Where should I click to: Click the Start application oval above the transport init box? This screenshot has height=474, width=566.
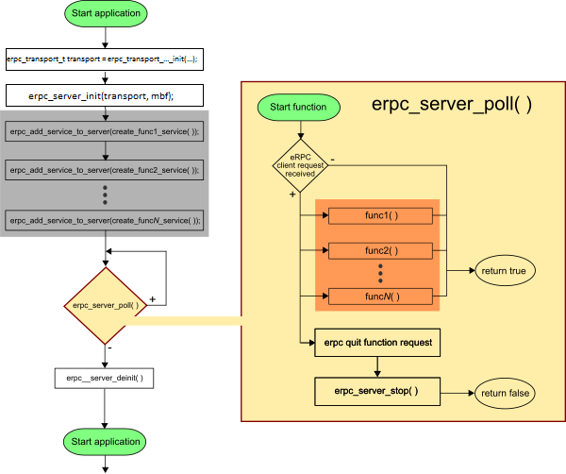click(x=105, y=13)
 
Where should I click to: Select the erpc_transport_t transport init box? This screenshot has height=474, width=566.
click(x=104, y=59)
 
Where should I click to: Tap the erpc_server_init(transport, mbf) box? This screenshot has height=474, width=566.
click(x=104, y=94)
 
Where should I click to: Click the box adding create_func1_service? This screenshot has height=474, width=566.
click(x=104, y=132)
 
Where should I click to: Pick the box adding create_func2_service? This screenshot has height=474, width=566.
click(x=104, y=170)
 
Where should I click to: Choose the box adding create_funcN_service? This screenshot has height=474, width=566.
click(x=104, y=219)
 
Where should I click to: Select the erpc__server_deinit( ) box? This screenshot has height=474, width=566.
click(x=105, y=378)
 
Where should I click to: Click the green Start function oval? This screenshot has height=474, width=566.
click(x=298, y=107)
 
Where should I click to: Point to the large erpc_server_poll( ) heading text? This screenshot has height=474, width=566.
click(x=452, y=105)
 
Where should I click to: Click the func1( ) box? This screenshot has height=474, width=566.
click(x=380, y=216)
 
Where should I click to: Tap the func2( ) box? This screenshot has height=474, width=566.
click(x=380, y=251)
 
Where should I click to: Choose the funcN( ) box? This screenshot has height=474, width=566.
click(x=380, y=296)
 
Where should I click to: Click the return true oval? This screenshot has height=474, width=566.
click(x=505, y=270)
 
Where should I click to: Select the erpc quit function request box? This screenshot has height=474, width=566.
click(x=377, y=342)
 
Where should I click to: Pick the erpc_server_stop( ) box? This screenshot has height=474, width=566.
click(x=377, y=391)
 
